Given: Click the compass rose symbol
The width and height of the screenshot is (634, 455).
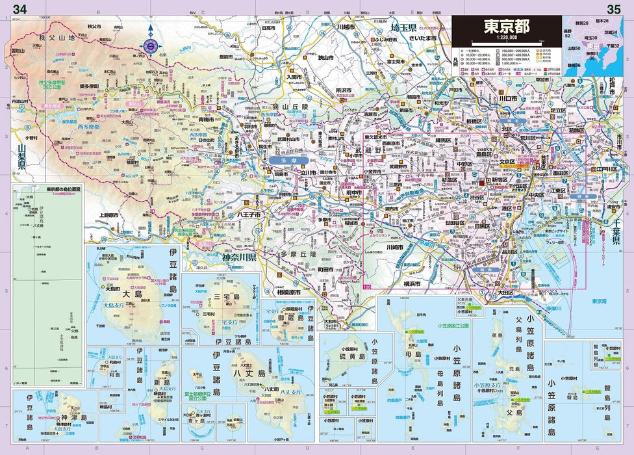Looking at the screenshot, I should tap(151, 45).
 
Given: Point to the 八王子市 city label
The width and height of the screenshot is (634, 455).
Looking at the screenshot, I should tap(248, 213).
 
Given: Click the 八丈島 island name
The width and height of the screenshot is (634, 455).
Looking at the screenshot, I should tap(253, 374).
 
